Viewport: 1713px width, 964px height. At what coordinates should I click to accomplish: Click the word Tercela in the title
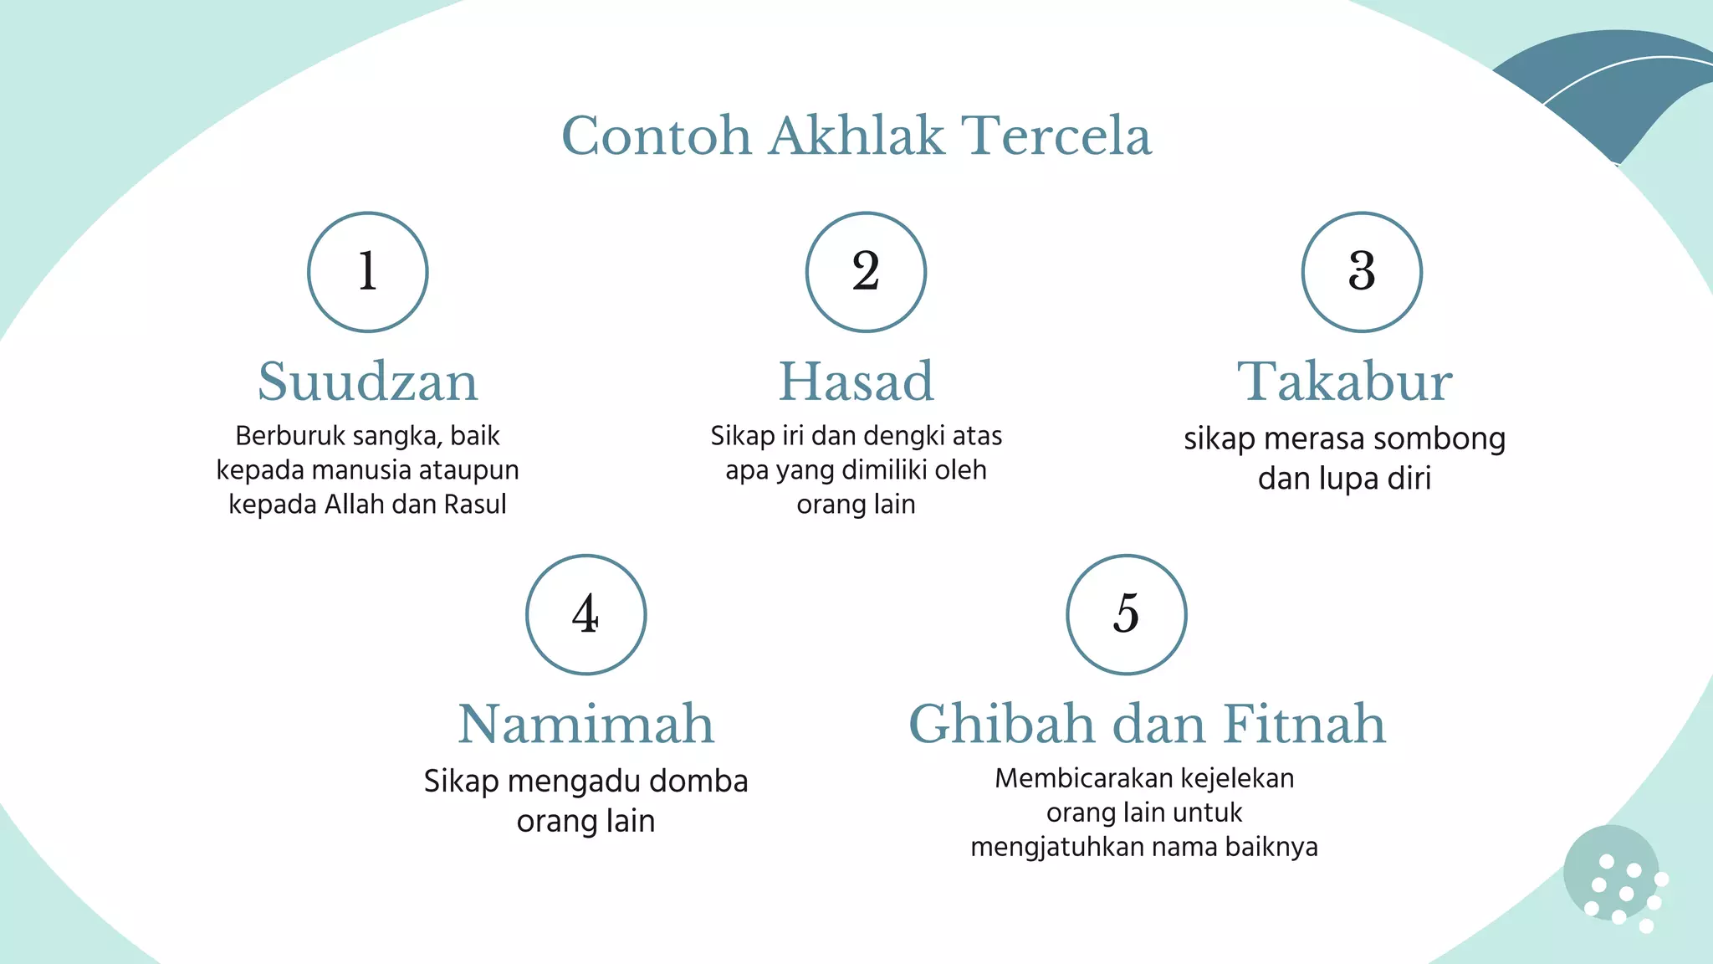[1056, 136]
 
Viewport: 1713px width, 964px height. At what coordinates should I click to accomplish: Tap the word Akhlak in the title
[856, 136]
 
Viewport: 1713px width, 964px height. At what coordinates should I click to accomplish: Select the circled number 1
[368, 272]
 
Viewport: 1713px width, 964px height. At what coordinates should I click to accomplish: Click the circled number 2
[866, 272]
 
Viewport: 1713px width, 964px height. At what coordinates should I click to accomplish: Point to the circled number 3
[1362, 272]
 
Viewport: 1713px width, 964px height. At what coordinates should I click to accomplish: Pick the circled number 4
[585, 614]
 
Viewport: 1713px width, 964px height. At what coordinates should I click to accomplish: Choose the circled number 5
[1126, 614]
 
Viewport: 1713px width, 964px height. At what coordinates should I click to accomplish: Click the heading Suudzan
[368, 382]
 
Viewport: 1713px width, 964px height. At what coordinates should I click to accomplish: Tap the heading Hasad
[856, 382]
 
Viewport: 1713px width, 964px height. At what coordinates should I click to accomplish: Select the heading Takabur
[1344, 382]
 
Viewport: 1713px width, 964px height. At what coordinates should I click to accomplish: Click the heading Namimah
[585, 724]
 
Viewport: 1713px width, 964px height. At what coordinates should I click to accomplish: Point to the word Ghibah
[1002, 724]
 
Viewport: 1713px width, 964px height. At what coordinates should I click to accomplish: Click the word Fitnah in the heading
[1304, 724]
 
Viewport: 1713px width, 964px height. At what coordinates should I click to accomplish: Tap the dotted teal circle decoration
[1612, 874]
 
